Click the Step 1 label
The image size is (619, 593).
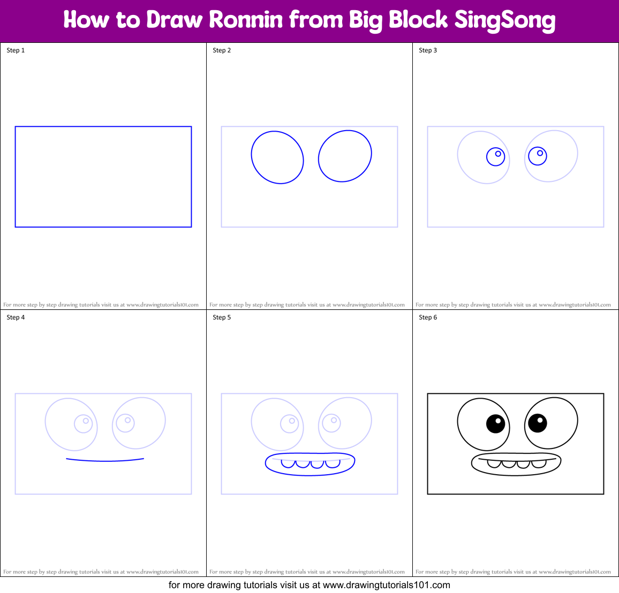[x=16, y=50]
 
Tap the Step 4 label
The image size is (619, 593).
[x=16, y=317]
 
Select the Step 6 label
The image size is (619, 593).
[x=428, y=317]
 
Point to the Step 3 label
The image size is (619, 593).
[x=428, y=50]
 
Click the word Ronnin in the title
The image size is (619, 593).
[x=246, y=20]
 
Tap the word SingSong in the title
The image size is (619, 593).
[x=505, y=20]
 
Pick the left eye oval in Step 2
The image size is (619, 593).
[x=277, y=157]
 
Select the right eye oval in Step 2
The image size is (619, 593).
[x=345, y=156]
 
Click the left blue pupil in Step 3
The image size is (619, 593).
[x=495, y=157]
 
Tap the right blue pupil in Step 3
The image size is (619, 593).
[x=537, y=156]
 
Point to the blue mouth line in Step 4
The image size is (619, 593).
[x=105, y=460]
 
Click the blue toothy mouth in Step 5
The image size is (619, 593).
[x=310, y=464]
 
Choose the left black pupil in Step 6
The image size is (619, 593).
[x=495, y=424]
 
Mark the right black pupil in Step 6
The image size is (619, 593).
[x=537, y=423]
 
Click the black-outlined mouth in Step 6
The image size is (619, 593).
[x=516, y=464]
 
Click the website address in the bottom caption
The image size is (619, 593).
[x=387, y=585]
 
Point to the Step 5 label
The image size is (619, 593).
[x=222, y=317]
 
